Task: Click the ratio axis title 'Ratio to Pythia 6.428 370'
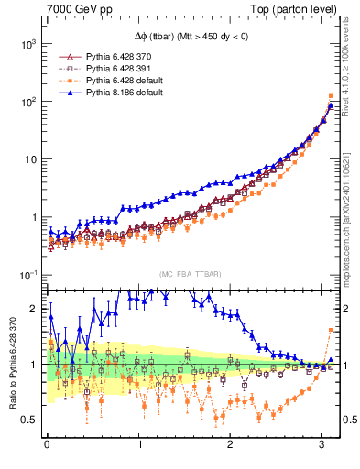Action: tap(11, 365)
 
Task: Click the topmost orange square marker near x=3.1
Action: tap(330, 95)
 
